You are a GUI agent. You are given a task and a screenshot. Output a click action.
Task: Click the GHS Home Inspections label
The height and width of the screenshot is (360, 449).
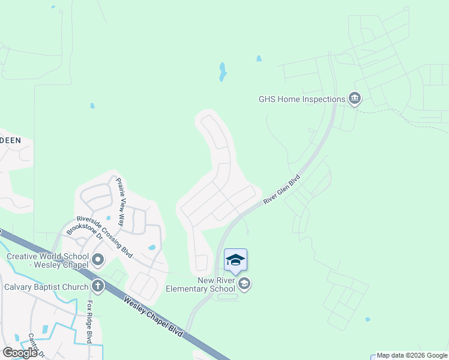302,99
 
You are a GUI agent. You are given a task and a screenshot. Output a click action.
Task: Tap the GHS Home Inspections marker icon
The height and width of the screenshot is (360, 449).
354,98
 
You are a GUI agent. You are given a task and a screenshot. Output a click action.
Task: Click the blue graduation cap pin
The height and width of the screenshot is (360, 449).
235,260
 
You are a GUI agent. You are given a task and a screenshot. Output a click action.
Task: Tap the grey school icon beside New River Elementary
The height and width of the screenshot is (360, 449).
244,284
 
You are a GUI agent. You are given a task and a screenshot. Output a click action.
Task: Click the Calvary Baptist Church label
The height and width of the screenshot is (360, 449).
46,287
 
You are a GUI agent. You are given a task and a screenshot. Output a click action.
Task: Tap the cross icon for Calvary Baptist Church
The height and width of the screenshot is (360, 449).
98,286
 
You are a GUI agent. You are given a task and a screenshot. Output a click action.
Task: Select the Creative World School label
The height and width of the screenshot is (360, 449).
47,260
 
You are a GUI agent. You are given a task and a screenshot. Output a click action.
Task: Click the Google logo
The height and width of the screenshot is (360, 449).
20,352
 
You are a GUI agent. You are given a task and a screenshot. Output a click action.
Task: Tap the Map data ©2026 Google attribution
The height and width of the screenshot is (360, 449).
412,355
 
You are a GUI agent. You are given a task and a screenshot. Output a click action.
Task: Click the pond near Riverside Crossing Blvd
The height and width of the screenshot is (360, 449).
152,247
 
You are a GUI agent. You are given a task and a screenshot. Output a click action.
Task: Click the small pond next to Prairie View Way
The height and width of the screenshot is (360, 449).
109,218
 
